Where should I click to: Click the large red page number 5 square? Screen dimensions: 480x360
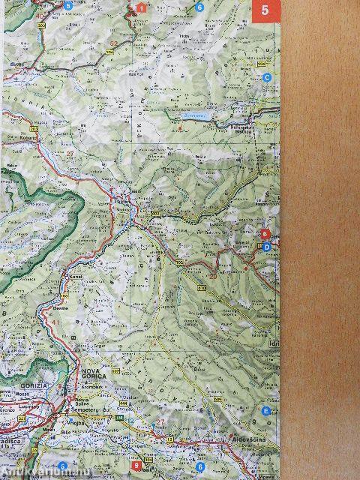click(263, 11)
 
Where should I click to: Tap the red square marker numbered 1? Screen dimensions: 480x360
click(140, 8)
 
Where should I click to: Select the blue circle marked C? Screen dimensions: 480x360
click(266, 77)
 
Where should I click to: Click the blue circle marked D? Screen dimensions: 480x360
click(266, 247)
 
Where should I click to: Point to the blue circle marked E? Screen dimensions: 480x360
click(266, 412)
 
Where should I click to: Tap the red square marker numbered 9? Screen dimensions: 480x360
click(135, 465)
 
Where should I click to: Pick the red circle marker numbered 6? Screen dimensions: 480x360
click(264, 234)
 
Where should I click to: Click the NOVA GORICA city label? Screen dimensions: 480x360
click(91, 373)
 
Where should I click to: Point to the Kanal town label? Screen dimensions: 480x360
click(73, 277)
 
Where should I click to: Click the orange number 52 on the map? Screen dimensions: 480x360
click(113, 44)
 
